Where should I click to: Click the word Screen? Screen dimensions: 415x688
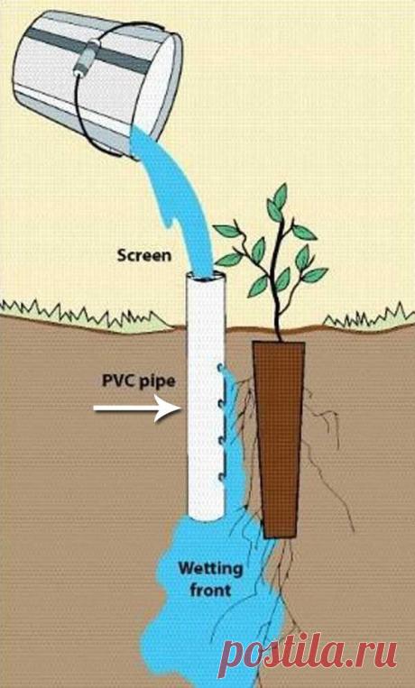pos(144,255)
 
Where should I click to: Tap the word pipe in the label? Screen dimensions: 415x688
pos(157,382)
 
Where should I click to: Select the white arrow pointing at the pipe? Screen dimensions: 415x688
pos(137,408)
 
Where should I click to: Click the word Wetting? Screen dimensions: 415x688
pos(210,570)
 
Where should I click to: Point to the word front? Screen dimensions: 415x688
pos(210,590)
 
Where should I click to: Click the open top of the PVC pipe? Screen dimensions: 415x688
pos(206,278)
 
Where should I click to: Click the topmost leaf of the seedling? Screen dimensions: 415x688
pos(279,197)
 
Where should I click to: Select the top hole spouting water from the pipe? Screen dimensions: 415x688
pos(221,368)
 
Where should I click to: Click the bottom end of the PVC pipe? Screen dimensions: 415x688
pos(206,516)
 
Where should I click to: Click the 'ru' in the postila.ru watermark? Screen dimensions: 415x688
pos(379,652)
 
